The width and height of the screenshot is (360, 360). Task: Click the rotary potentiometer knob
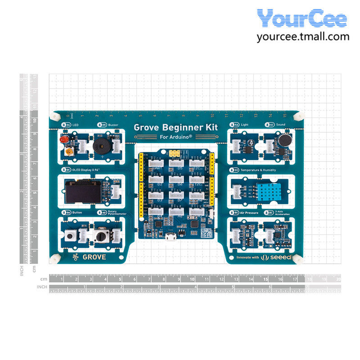(100, 235)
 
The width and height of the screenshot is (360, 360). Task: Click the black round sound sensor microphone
(283, 140)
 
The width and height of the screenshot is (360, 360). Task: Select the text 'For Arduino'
(176, 137)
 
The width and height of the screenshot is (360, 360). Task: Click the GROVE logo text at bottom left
(94, 257)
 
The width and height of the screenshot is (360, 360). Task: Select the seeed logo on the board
(279, 257)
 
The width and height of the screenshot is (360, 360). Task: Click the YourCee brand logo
(302, 18)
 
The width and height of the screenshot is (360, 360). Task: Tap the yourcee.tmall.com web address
(303, 36)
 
